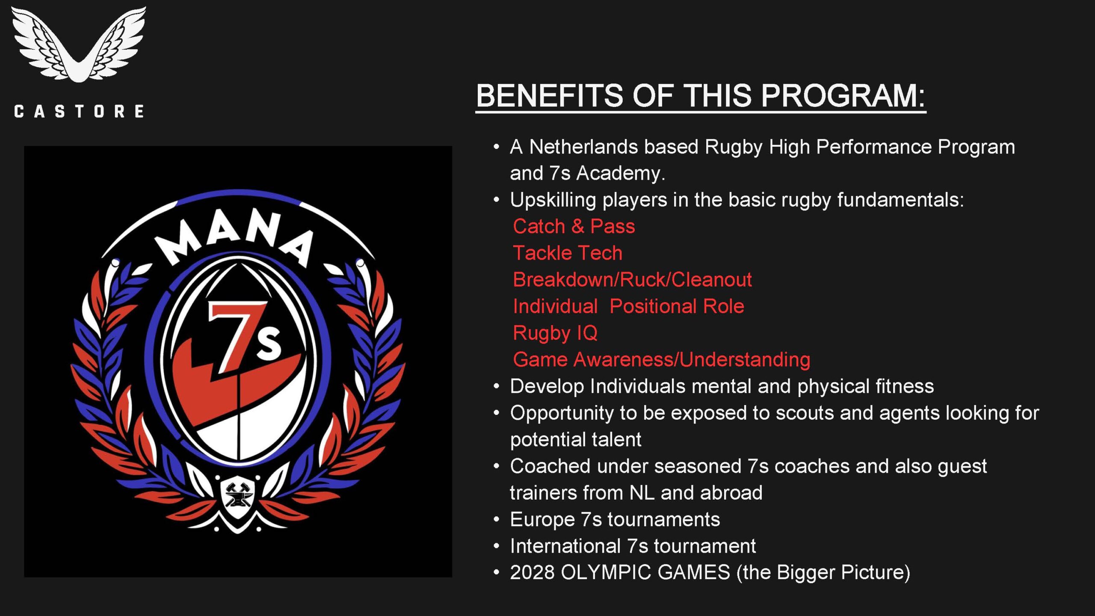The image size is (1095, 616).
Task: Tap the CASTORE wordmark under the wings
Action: [79, 112]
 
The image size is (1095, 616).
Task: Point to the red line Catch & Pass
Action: [574, 226]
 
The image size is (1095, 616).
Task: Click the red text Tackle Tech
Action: [567, 253]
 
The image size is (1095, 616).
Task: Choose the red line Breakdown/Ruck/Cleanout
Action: [632, 280]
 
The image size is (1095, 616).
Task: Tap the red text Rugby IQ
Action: [555, 333]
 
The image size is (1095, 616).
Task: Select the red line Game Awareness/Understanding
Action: [661, 360]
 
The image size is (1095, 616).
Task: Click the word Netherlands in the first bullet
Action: [583, 147]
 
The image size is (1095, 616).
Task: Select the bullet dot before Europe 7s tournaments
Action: [496, 520]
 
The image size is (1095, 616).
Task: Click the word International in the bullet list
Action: [565, 546]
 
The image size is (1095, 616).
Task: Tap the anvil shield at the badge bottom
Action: [238, 498]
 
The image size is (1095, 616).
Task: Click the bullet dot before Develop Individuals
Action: [496, 387]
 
